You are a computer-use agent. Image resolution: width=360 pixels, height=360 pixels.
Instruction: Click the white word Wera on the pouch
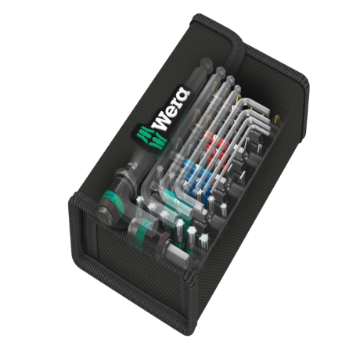click(171, 108)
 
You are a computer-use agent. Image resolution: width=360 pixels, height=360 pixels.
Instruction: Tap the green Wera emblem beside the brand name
click(150, 138)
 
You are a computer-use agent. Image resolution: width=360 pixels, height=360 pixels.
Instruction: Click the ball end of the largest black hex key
click(206, 63)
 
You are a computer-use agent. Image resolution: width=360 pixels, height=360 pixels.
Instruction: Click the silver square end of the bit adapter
click(175, 251)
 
